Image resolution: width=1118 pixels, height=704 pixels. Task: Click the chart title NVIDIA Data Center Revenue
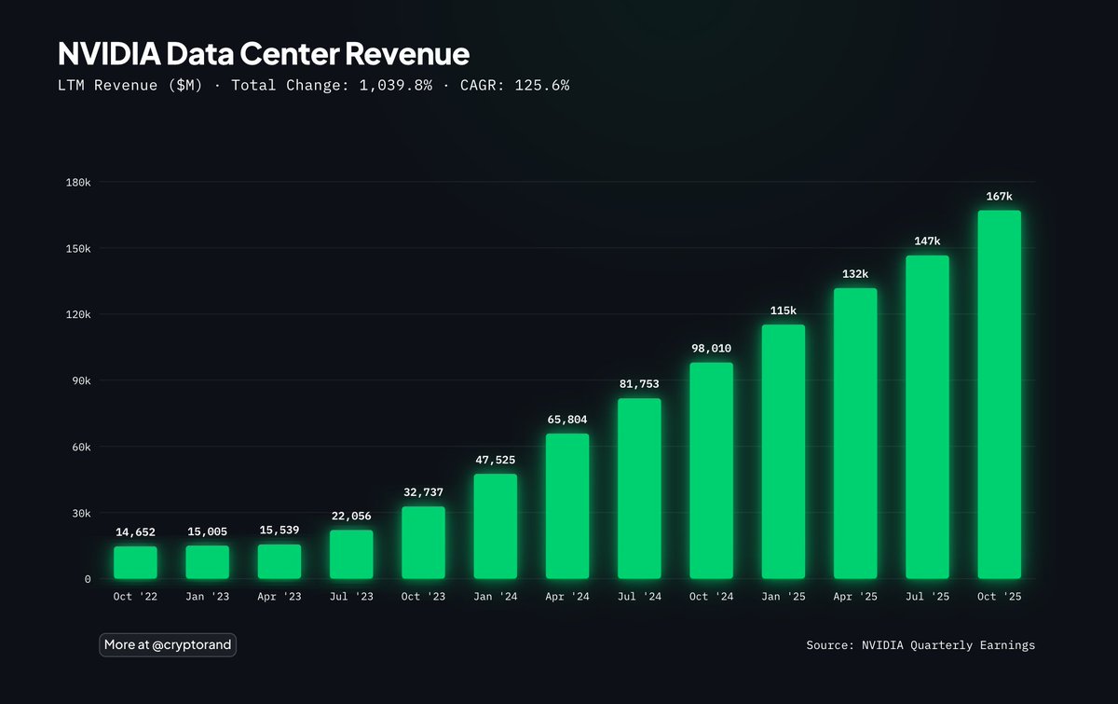point(264,53)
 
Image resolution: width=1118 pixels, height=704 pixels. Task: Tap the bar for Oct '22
point(135,562)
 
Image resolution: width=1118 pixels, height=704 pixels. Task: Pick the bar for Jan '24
point(495,527)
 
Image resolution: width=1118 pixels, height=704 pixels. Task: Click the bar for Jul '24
point(639,489)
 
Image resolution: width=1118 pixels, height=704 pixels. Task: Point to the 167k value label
point(999,196)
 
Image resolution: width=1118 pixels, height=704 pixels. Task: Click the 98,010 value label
point(711,349)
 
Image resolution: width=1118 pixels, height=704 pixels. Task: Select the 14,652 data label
point(135,532)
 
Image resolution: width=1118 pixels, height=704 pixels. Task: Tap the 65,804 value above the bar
point(566,420)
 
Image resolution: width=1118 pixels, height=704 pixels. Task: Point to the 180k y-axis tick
point(77,183)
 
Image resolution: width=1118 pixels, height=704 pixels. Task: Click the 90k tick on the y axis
point(80,380)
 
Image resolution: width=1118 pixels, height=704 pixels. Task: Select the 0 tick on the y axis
point(88,579)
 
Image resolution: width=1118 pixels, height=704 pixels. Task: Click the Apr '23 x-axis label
point(279,597)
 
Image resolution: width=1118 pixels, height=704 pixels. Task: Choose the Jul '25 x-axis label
point(927,597)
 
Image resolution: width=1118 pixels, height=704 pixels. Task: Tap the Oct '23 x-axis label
point(423,597)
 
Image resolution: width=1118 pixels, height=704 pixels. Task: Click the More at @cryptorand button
point(168,644)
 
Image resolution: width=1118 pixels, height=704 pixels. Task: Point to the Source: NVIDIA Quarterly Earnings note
point(920,645)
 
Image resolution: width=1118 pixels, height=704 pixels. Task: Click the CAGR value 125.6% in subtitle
point(541,85)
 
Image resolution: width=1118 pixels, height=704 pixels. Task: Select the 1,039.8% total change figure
point(396,85)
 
